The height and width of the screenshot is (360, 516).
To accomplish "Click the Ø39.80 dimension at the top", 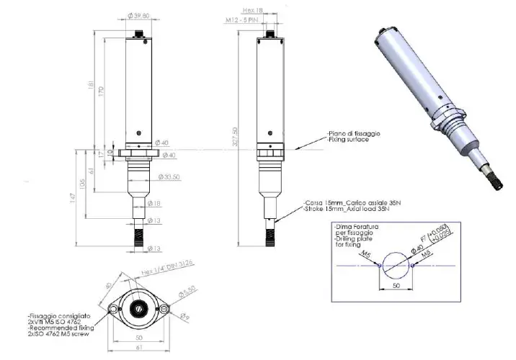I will [x=139, y=14].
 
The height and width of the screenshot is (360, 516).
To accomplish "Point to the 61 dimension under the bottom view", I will [x=138, y=349].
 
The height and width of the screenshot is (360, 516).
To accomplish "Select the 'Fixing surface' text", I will [x=348, y=140].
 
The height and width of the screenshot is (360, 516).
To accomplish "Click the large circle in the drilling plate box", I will [x=395, y=264].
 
